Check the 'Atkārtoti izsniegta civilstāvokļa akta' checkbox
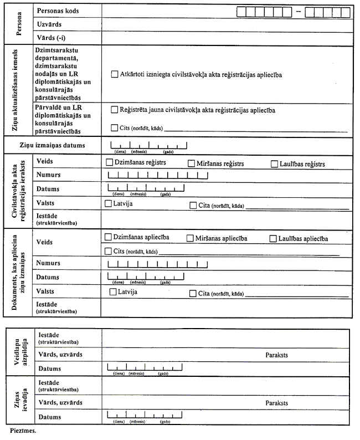pos(115,74)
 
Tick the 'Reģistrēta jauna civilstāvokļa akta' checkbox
pos(115,110)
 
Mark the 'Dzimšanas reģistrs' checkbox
pos(109,163)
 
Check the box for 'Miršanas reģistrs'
pos(191,163)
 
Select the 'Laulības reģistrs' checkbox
pos(275,163)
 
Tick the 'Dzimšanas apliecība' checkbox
pos(109,237)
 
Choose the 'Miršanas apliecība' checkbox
pos(190,238)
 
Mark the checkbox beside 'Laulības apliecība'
pos(273,238)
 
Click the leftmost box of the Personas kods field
pos(241,11)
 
